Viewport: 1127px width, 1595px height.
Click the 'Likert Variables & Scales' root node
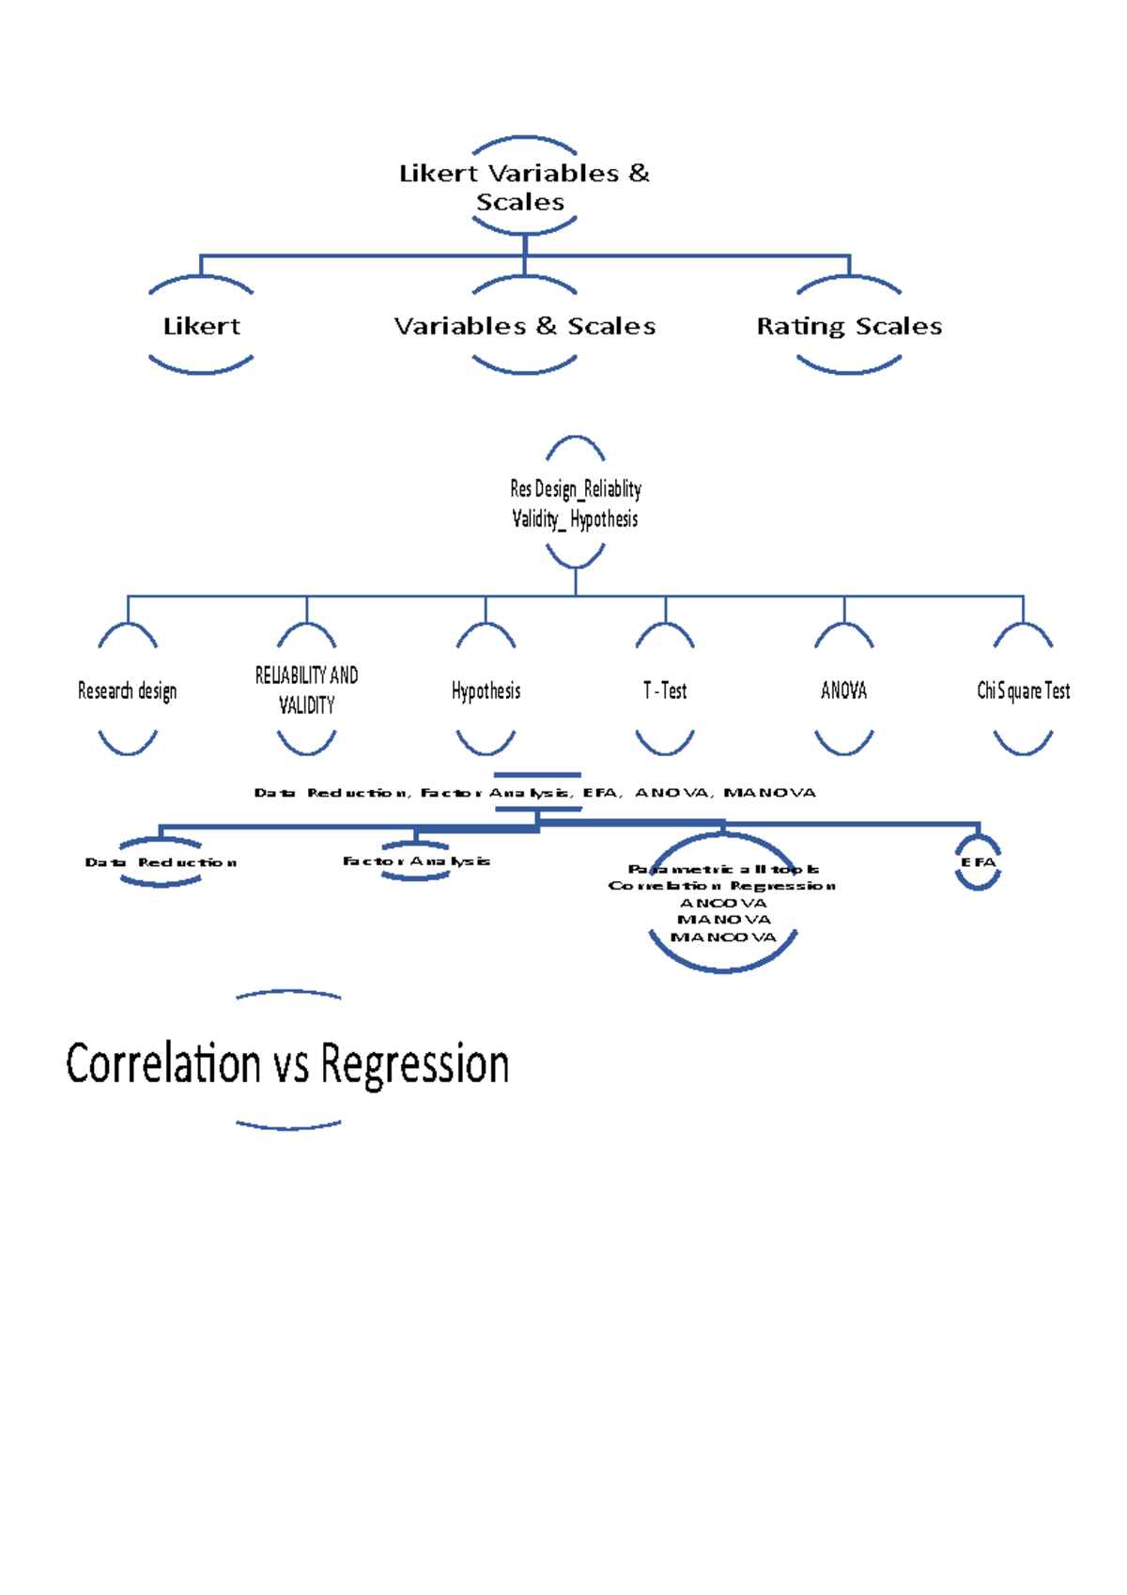click(x=524, y=187)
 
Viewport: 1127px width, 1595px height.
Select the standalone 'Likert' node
click(x=201, y=326)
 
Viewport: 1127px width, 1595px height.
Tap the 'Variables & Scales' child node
click(x=524, y=326)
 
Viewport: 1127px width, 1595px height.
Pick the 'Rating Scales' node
click(x=849, y=326)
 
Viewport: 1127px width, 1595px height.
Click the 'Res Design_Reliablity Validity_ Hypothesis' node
click(x=575, y=503)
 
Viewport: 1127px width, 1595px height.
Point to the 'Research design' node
click(x=128, y=690)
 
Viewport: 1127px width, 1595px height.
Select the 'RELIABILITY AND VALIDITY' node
click(x=306, y=689)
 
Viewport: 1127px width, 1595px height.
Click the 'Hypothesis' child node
click(x=486, y=690)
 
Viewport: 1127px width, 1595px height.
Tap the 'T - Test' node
click(x=665, y=690)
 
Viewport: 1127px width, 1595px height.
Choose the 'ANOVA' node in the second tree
click(x=843, y=690)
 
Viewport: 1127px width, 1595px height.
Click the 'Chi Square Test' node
click(x=1023, y=690)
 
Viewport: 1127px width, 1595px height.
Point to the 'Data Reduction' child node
click(x=161, y=862)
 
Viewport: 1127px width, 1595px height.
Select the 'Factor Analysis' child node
click(x=416, y=860)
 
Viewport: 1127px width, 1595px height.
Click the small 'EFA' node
click(x=978, y=862)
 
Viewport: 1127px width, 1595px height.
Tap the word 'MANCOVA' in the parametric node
click(x=723, y=937)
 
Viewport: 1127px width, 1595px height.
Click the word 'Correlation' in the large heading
click(x=162, y=1063)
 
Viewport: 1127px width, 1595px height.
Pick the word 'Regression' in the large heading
click(x=414, y=1063)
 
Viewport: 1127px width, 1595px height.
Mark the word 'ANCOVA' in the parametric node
click(x=723, y=903)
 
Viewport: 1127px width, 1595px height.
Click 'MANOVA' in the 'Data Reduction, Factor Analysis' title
click(x=769, y=793)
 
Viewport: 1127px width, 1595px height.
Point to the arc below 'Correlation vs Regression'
click(x=288, y=1124)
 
